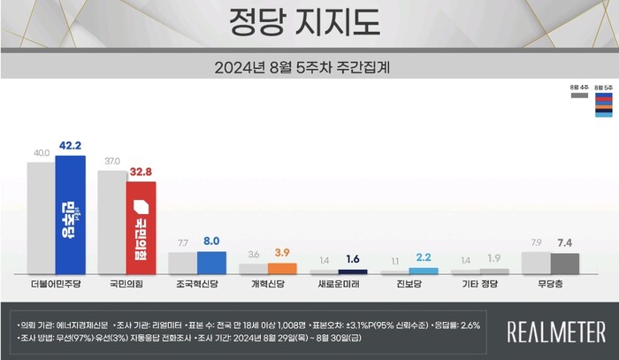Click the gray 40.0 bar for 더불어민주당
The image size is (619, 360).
(41, 218)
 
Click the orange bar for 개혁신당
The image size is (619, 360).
(282, 267)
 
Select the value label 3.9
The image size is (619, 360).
(282, 253)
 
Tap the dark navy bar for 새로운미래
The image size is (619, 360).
(353, 272)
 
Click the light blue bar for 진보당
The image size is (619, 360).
(424, 271)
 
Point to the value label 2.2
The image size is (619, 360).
(424, 257)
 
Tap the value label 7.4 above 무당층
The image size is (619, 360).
(564, 241)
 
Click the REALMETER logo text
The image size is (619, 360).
(555, 332)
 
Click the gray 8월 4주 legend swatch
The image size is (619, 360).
(579, 96)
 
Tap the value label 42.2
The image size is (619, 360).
(70, 146)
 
